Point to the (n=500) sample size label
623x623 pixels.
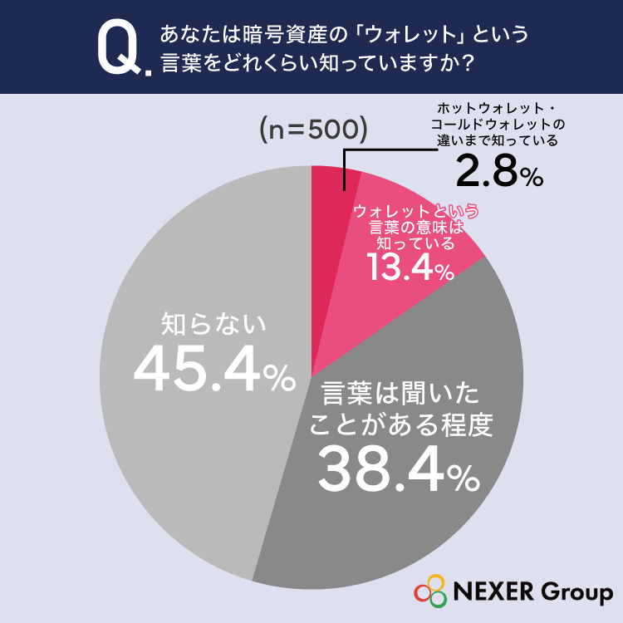tap(313, 130)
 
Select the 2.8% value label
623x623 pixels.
tap(499, 171)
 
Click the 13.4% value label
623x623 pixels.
tap(410, 267)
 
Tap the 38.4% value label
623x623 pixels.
tap(399, 468)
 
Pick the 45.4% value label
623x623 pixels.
tap(214, 370)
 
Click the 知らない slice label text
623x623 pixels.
tap(213, 324)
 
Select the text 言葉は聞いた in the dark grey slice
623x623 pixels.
tap(400, 394)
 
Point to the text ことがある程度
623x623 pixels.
tap(401, 424)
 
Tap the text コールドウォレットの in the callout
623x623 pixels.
tap(498, 125)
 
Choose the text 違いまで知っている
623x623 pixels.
tap(498, 140)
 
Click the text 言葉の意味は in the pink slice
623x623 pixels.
tap(416, 228)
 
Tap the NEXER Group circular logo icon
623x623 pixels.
tap(430, 591)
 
